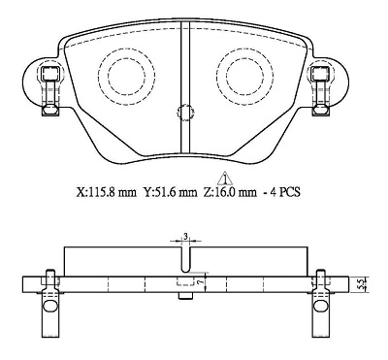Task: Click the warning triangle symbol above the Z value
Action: tap(224, 178)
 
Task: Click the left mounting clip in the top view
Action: tap(46, 89)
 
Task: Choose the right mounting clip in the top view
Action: tap(317, 89)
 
